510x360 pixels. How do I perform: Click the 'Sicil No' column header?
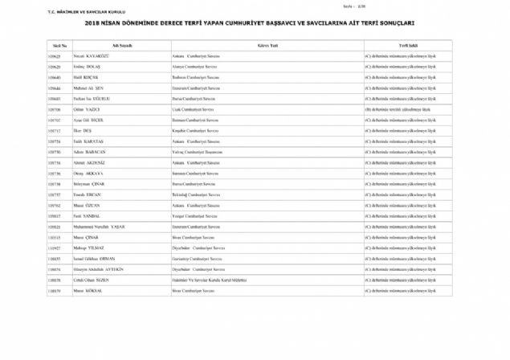point(59,46)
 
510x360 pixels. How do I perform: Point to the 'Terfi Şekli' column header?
point(408,46)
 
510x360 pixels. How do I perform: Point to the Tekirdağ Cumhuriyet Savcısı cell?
point(197,194)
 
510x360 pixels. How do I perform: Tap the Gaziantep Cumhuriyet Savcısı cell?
point(198,260)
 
